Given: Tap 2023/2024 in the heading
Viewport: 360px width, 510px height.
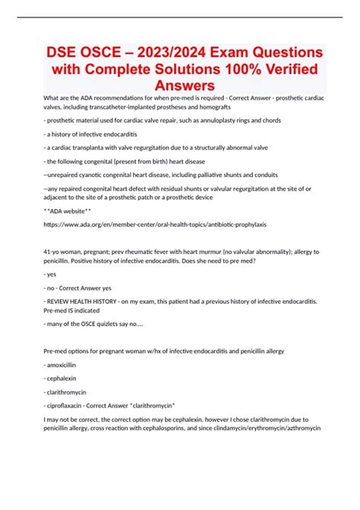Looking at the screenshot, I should [188, 55].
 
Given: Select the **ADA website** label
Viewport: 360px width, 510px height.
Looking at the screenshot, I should [68, 211].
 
